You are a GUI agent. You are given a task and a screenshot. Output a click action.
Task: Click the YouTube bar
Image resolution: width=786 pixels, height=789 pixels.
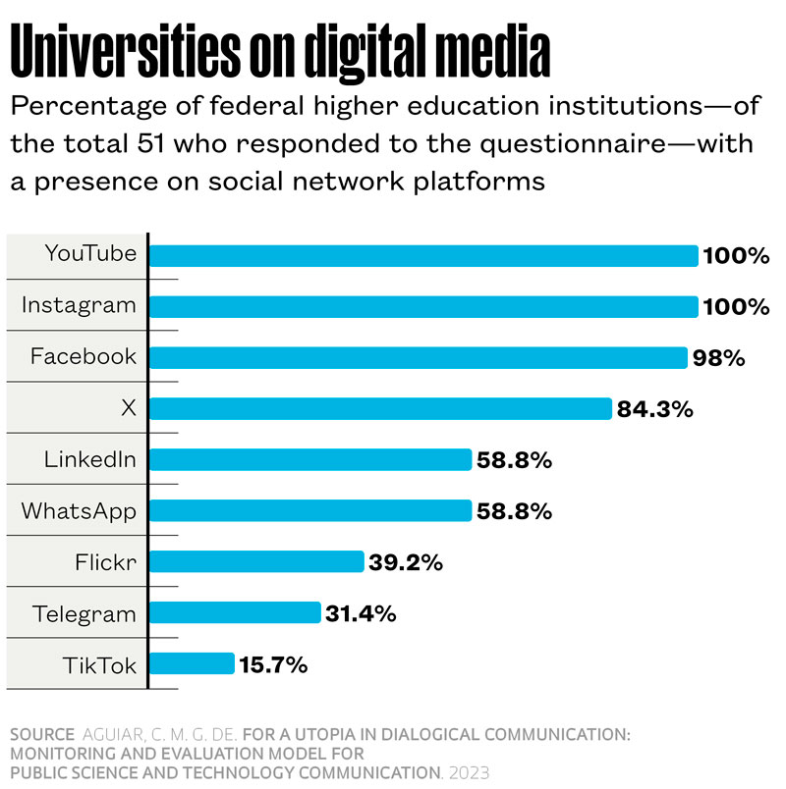422,256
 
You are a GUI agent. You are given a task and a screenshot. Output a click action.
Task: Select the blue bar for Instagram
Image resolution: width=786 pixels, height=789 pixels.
422,307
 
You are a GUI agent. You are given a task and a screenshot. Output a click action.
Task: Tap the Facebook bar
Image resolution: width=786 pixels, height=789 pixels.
418,358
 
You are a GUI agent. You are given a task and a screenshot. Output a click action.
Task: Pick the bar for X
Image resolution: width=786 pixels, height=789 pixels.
380,409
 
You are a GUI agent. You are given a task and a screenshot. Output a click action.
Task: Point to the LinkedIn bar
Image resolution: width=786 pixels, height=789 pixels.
310,460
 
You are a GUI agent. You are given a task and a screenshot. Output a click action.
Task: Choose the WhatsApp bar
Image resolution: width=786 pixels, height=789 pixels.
310,511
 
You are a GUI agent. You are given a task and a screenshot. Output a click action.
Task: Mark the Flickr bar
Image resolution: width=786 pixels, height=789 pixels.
256,562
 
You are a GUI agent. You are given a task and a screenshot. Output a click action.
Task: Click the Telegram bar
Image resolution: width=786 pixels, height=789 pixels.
235,613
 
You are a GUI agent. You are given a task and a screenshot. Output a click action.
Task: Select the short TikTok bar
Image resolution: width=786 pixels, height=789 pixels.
192,664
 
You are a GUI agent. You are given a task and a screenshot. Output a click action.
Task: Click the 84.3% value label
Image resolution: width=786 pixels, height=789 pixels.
655,409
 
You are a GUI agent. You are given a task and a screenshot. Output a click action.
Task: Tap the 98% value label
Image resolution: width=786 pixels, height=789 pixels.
719,358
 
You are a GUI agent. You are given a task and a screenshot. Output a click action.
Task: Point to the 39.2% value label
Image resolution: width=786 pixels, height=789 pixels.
406,562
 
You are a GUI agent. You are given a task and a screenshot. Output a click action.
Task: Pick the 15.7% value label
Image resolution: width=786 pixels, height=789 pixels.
273,664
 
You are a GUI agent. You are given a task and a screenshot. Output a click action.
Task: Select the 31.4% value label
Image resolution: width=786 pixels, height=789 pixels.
360,613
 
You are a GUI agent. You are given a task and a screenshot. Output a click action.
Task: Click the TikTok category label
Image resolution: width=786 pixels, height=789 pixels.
100,664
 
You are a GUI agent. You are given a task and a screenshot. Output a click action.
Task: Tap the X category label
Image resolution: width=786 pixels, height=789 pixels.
128,408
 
